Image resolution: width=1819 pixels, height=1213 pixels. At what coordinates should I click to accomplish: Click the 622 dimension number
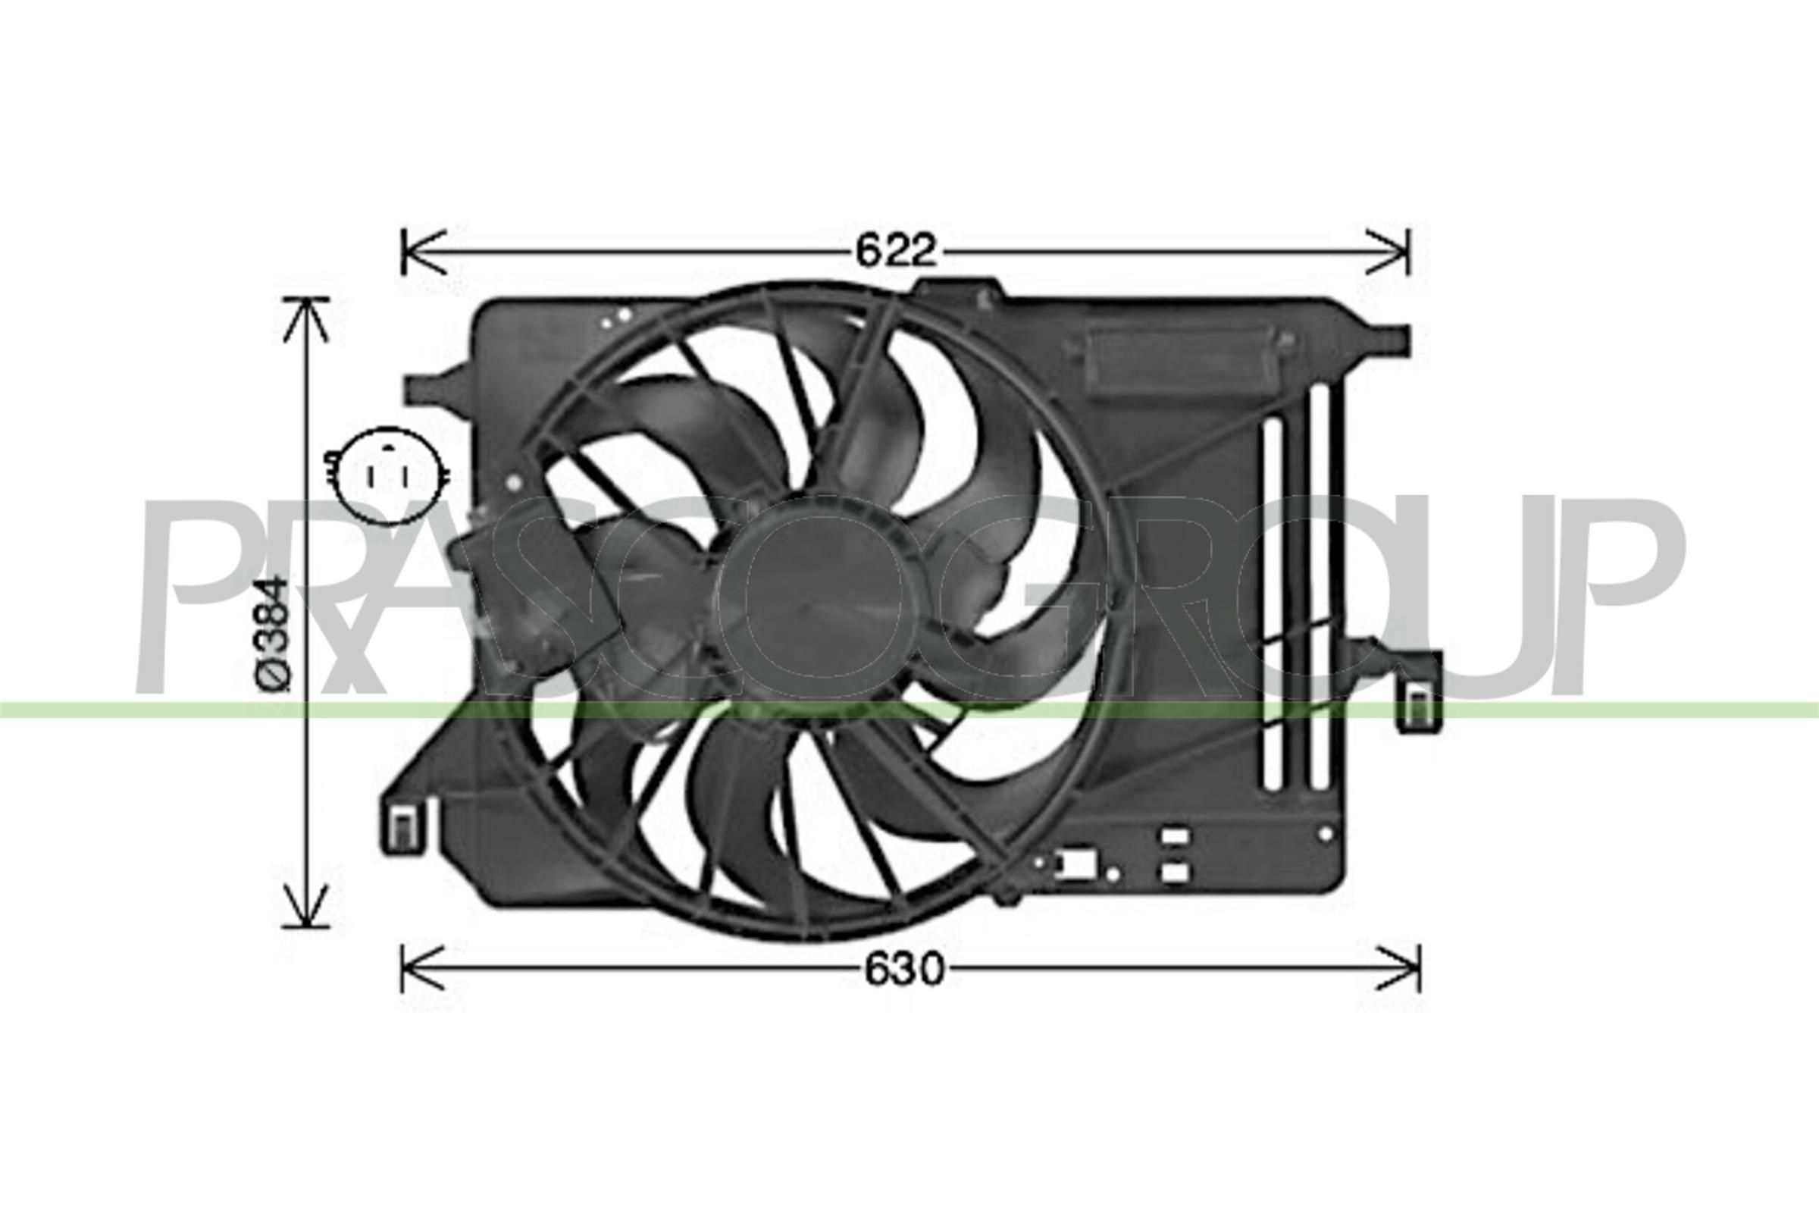click(x=896, y=250)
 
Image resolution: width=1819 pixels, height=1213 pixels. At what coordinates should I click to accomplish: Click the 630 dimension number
click(x=904, y=970)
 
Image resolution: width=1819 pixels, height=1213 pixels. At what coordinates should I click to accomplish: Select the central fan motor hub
click(x=809, y=600)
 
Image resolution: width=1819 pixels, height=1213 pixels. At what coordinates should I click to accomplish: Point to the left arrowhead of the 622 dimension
click(x=422, y=252)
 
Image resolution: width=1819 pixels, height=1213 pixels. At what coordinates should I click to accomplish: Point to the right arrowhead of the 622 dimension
click(x=1389, y=252)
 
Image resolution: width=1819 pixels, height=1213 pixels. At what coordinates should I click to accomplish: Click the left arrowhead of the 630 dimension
click(x=422, y=969)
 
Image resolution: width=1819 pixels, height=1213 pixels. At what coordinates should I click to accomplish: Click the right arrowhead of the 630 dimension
click(x=1398, y=969)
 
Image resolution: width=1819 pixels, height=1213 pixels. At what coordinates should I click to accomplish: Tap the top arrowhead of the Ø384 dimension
click(x=307, y=318)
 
